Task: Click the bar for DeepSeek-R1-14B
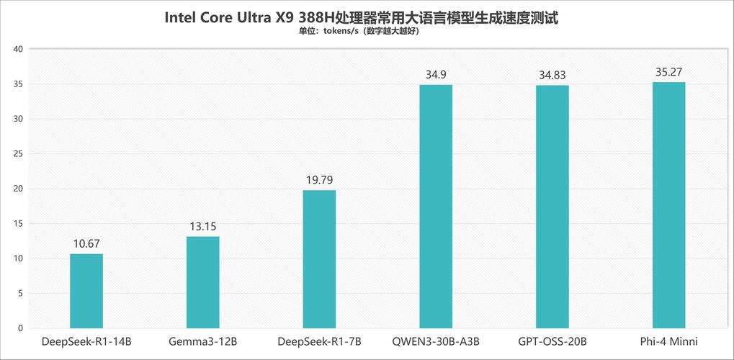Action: (86, 291)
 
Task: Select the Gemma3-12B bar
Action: (202, 282)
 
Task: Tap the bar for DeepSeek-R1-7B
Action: (319, 259)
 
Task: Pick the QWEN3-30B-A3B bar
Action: (436, 207)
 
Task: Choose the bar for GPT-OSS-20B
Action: (552, 207)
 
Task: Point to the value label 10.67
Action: (86, 244)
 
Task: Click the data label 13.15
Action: (202, 227)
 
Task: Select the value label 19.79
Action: (319, 180)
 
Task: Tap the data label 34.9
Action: (436, 75)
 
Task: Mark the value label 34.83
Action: (552, 76)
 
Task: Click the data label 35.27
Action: (668, 72)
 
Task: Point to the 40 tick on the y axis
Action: (18, 49)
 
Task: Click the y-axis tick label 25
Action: (18, 154)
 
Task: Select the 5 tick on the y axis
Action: (20, 294)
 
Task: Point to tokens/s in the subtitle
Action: (341, 32)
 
